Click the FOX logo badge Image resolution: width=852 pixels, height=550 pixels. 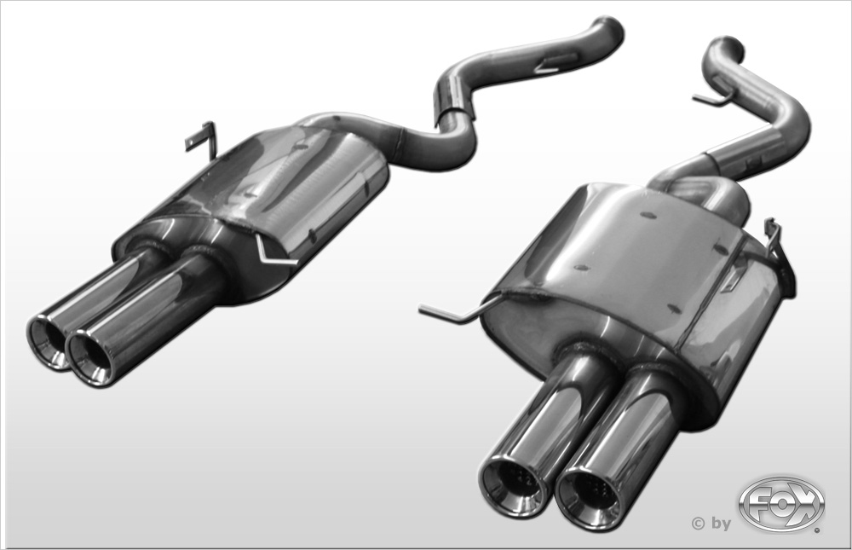781,504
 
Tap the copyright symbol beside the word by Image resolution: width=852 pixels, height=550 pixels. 697,524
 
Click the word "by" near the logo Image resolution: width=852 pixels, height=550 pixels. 721,524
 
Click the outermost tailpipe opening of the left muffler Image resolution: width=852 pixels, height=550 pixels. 46,341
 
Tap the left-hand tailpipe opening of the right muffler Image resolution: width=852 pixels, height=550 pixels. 512,484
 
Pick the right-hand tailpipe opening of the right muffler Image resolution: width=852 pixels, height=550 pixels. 590,500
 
